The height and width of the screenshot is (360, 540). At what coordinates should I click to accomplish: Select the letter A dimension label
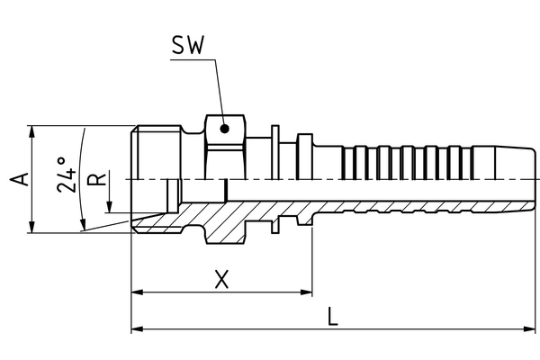(22, 179)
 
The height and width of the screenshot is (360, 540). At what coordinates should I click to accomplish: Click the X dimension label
(221, 279)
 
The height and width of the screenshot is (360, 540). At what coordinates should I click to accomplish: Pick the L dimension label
(332, 316)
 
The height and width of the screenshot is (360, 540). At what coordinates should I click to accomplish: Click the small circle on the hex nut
(224, 129)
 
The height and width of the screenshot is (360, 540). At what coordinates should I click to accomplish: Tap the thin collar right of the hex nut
(274, 148)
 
